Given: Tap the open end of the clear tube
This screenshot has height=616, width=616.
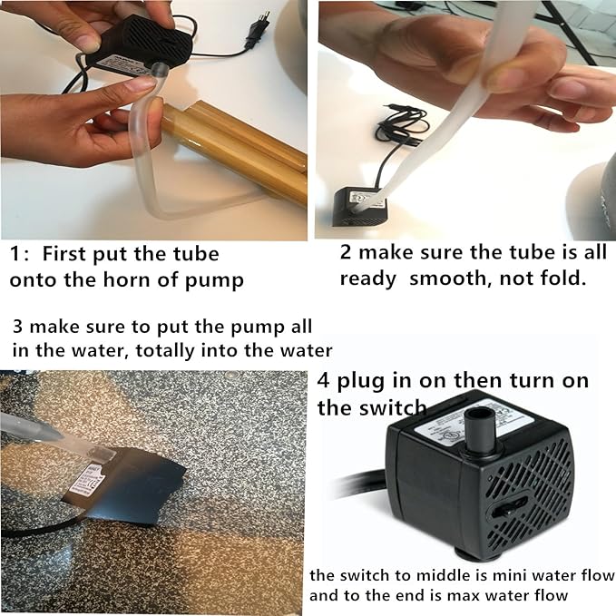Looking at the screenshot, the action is [160, 70].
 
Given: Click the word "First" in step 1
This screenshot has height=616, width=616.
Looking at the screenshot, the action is [64, 254].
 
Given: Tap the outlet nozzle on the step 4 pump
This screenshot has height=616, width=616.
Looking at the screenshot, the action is [481, 432].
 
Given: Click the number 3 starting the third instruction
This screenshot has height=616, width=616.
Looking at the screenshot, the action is [17, 327].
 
